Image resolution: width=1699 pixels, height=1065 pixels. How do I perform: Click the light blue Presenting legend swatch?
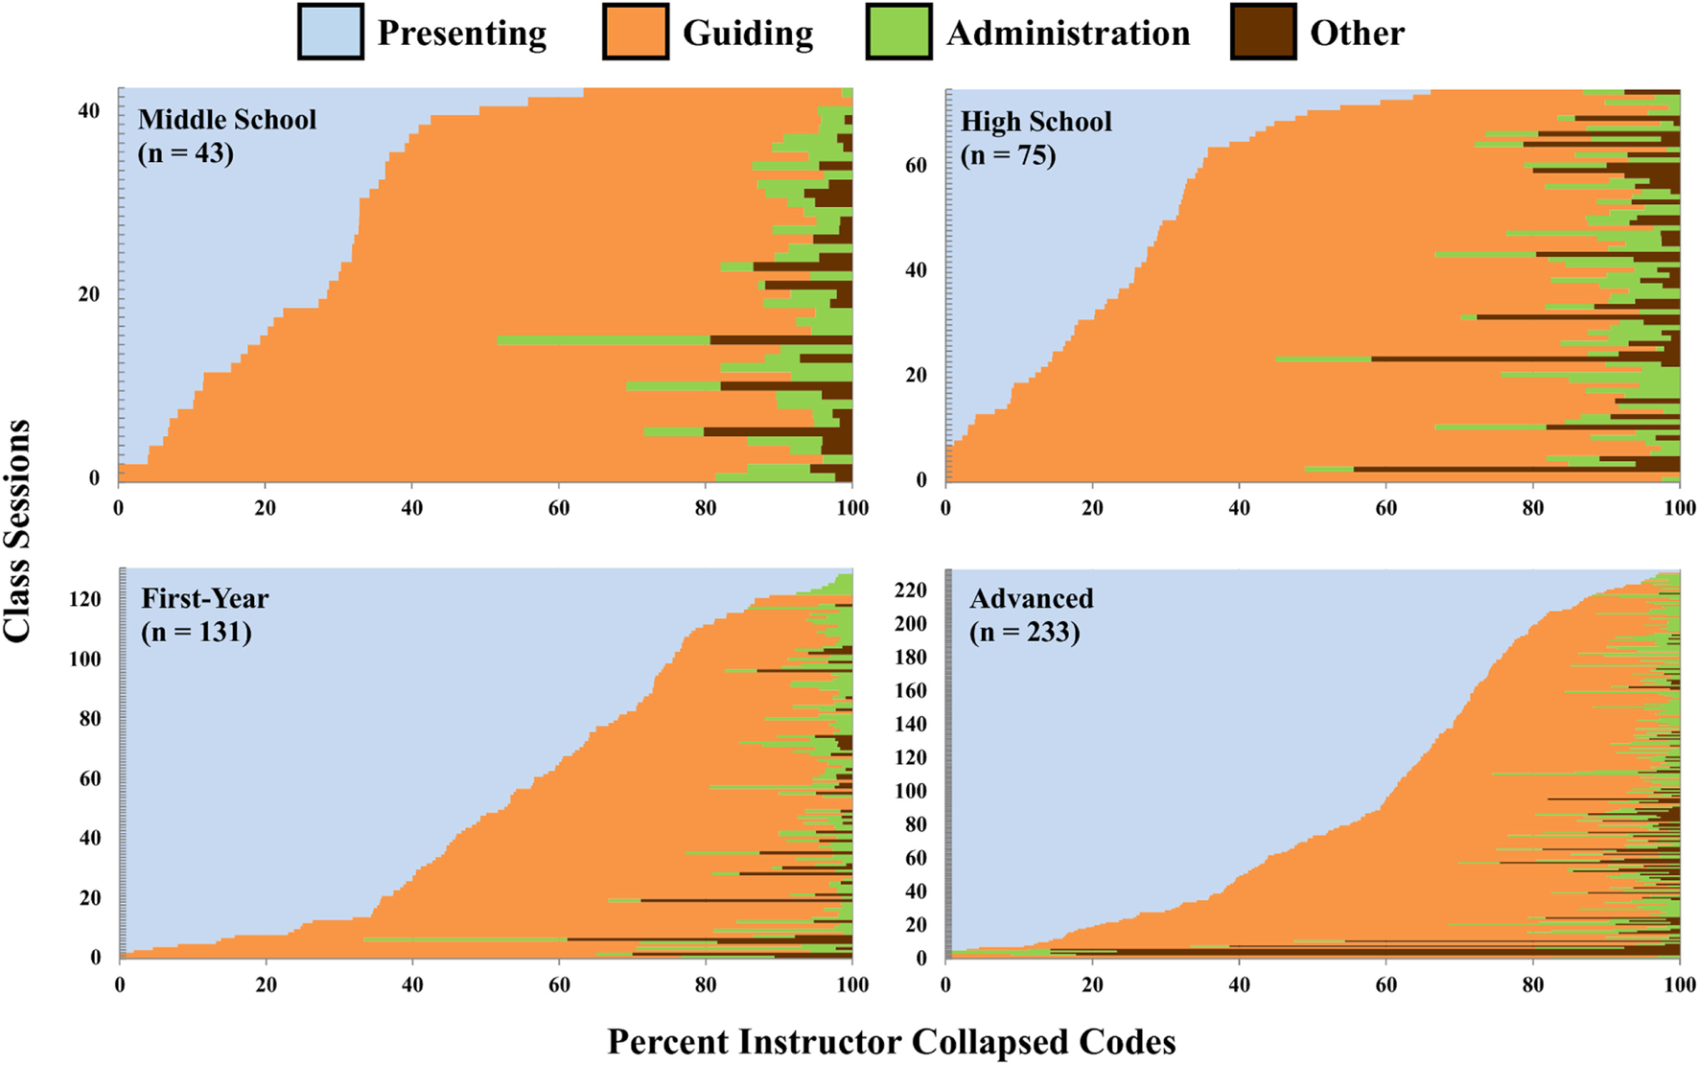(x=330, y=33)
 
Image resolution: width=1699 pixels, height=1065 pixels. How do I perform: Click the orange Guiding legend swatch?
(x=635, y=33)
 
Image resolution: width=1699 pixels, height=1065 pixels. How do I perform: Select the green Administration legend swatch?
(x=898, y=33)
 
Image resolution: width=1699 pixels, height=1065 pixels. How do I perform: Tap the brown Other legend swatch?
(x=1263, y=33)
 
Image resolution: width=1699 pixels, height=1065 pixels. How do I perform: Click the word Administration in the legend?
(x=1068, y=34)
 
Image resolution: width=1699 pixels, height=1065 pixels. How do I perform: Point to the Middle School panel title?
(x=227, y=120)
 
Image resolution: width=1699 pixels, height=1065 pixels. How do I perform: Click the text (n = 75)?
(x=1008, y=154)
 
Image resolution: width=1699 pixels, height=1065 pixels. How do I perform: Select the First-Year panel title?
(x=205, y=598)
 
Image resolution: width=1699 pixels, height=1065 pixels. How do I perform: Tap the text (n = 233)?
(x=1024, y=632)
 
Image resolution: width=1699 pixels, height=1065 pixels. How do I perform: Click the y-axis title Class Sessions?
(x=17, y=530)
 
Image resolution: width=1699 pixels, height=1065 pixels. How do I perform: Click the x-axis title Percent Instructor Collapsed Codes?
(x=891, y=1042)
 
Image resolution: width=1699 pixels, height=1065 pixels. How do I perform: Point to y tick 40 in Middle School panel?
(x=89, y=111)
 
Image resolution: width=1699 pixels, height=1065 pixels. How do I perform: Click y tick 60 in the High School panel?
(x=916, y=165)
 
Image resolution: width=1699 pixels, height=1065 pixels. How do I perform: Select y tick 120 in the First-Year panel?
(x=84, y=599)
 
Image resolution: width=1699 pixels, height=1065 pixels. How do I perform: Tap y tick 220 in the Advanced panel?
(x=910, y=590)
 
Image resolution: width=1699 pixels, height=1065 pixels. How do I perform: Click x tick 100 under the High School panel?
(x=1679, y=508)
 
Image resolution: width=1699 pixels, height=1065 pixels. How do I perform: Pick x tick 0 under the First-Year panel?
(x=120, y=984)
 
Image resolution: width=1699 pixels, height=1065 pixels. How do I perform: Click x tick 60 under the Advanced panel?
(x=1385, y=984)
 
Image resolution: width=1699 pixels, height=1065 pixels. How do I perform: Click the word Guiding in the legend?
(x=748, y=34)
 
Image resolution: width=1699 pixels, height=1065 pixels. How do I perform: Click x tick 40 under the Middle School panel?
(x=411, y=508)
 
